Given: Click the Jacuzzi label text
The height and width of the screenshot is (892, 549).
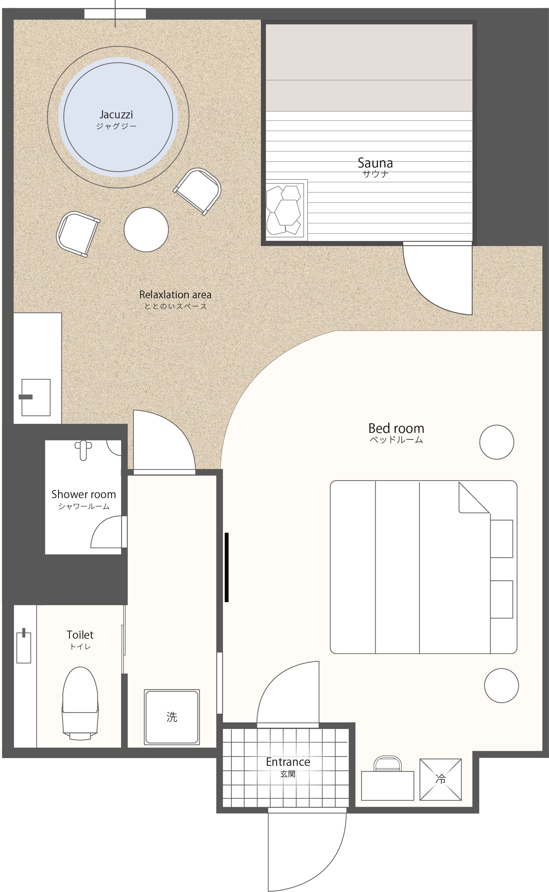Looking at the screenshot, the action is point(116,115).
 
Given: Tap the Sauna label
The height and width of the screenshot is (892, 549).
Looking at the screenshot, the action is point(375,163).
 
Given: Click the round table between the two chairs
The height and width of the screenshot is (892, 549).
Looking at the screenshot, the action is point(146,230).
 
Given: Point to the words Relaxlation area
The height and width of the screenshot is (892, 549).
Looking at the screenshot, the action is point(175,295).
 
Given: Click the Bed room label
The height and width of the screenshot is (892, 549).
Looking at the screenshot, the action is point(396,429).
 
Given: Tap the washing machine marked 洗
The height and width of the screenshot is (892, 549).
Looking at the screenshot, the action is point(172,717).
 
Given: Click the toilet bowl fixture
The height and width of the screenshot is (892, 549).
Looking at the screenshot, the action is point(80,703).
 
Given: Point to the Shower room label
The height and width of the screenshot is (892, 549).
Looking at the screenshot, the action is point(84,494).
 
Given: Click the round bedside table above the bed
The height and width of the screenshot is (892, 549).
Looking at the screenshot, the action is point(497,442).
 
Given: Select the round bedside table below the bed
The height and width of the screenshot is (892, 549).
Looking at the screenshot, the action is point(502,686).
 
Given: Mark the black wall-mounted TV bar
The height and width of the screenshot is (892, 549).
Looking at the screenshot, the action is point(227,567).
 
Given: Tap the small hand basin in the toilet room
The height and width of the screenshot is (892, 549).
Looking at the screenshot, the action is point(24,647).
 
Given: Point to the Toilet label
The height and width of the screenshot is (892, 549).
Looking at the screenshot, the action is point(80,635).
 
